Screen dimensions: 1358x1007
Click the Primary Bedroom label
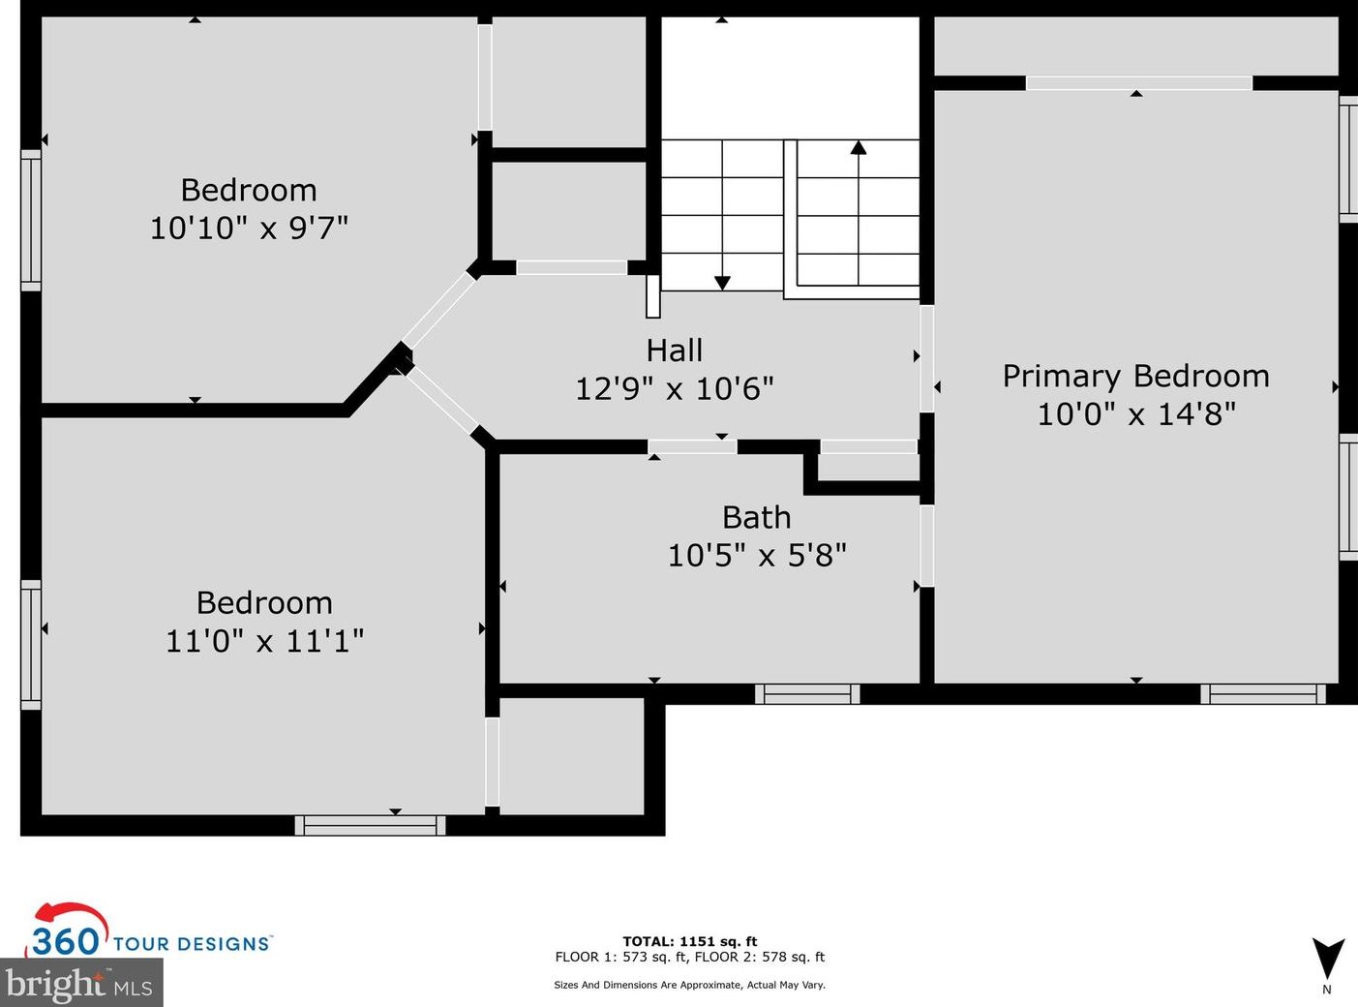coord(1135,377)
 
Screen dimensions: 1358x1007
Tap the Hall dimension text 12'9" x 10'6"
coord(674,388)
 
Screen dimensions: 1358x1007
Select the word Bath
coord(757,518)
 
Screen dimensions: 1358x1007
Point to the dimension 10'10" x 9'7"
coord(249,228)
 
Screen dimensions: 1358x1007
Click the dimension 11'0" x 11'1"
coord(264,641)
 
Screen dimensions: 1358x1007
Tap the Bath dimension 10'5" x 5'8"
coord(757,556)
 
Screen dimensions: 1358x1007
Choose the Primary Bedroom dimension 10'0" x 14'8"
coord(1136,414)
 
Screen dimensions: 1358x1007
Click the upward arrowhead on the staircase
coord(859,147)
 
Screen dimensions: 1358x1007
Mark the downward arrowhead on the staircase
coord(722,283)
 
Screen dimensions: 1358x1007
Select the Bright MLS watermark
coord(80,985)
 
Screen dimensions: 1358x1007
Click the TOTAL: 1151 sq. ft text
coord(689,941)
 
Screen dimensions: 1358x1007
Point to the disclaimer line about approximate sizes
coord(689,985)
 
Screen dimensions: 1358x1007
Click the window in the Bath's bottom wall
coord(807,694)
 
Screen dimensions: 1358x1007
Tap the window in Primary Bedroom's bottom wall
coord(1263,694)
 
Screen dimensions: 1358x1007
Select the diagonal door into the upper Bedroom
coord(438,310)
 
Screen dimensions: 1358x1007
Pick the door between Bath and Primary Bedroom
coord(927,546)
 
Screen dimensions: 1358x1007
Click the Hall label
coord(674,351)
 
